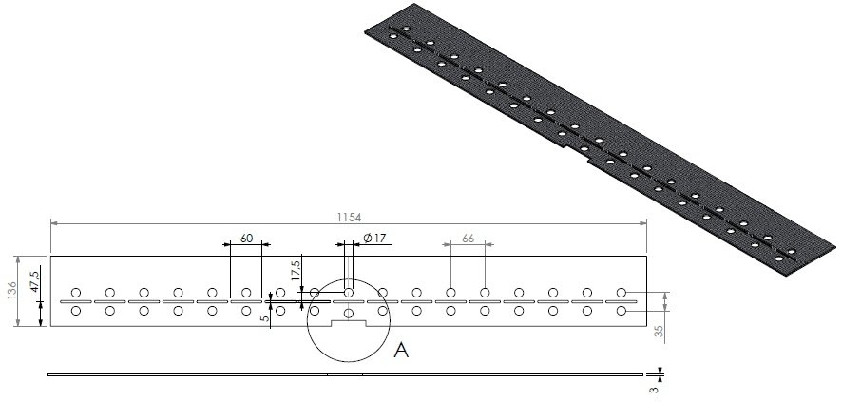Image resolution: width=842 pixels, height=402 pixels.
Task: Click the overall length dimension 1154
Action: click(x=349, y=217)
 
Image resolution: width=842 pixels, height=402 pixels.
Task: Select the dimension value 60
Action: click(x=246, y=239)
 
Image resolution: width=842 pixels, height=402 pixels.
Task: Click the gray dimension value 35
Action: click(x=660, y=331)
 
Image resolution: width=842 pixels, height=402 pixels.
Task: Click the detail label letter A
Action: click(x=401, y=352)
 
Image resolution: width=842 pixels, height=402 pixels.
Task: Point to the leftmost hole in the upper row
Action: click(x=76, y=292)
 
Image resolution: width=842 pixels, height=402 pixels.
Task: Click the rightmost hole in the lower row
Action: click(x=622, y=311)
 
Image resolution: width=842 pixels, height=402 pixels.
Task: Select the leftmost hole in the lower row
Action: click(x=76, y=311)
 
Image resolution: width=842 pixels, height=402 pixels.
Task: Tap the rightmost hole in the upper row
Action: click(x=622, y=292)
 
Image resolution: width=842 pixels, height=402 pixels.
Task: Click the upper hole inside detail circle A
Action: click(x=349, y=292)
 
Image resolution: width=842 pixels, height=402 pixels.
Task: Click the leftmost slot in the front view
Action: click(x=76, y=302)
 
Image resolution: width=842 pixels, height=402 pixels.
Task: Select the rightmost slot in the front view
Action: click(x=622, y=302)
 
